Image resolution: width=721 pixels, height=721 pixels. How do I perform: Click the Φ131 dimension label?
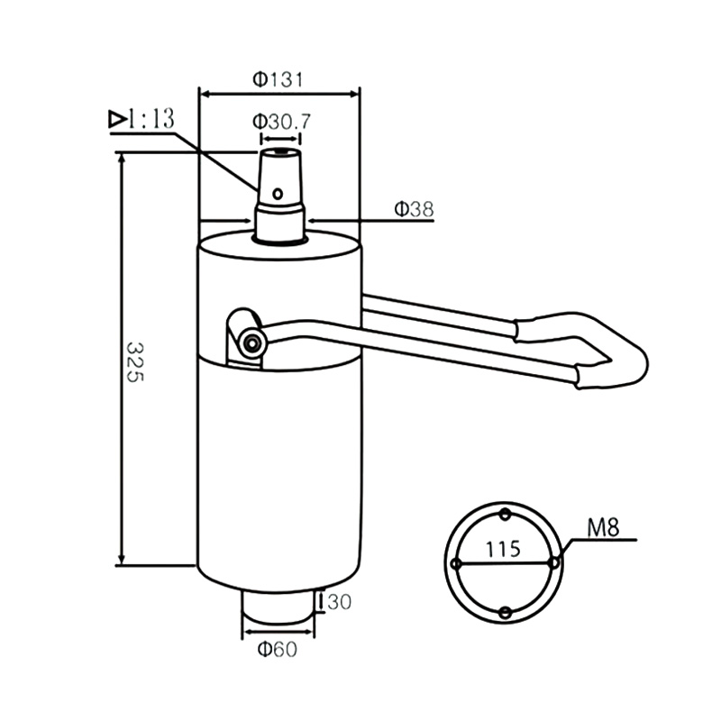tap(278, 79)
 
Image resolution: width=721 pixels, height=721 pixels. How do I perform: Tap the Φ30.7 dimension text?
tap(281, 121)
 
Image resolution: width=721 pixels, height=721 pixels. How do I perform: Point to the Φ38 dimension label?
tap(414, 209)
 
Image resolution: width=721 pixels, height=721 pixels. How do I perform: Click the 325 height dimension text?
tap(133, 361)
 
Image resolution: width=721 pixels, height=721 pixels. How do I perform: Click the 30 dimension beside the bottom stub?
tap(338, 601)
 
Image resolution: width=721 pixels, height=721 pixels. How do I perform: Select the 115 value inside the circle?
tap(502, 548)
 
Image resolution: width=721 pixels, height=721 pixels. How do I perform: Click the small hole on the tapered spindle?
tap(278, 192)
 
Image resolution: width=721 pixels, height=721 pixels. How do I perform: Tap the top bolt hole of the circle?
tap(506, 515)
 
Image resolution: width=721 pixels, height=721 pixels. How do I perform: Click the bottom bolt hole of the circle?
tap(506, 613)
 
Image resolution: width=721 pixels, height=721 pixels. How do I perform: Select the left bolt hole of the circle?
tap(457, 564)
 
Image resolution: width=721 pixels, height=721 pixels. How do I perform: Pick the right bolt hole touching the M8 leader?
tap(554, 562)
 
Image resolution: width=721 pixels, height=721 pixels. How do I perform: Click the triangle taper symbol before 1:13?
tap(117, 118)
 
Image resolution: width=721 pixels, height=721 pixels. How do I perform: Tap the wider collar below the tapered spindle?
tap(279, 223)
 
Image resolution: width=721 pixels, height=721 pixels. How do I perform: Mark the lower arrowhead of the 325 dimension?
tap(120, 560)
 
